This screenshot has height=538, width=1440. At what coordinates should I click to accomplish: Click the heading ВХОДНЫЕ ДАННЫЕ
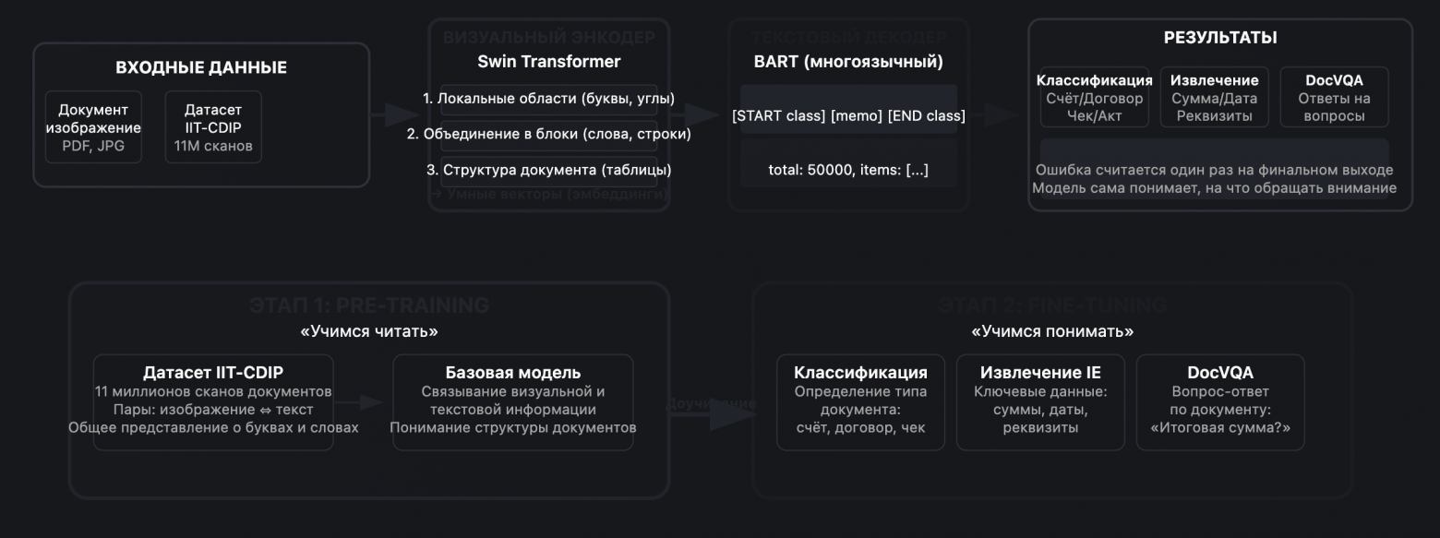[x=200, y=67]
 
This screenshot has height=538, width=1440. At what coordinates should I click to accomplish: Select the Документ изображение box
[x=93, y=126]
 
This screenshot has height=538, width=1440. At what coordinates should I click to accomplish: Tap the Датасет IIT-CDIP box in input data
[x=212, y=126]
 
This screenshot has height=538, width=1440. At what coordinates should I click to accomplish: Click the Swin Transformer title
[x=548, y=62]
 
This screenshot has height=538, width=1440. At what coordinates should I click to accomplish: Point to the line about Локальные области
[x=548, y=98]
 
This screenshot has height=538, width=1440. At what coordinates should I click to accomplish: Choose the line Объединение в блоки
[x=548, y=134]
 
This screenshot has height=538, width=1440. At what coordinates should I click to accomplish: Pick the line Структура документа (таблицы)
[x=548, y=170]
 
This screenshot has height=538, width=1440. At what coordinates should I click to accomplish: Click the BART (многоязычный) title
[x=848, y=63]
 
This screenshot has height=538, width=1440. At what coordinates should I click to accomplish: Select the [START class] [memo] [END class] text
[x=848, y=116]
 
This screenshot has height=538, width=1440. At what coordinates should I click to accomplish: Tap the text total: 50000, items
[x=848, y=170]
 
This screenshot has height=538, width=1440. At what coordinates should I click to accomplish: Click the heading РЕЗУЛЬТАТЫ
[x=1219, y=38]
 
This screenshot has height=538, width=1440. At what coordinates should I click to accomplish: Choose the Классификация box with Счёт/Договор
[x=1095, y=97]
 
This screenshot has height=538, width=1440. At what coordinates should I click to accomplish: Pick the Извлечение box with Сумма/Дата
[x=1214, y=97]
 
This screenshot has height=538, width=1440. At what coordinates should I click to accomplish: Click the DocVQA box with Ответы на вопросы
[x=1334, y=97]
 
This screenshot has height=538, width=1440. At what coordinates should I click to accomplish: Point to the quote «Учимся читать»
[x=367, y=330]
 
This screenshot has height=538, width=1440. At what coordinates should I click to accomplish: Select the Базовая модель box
[x=513, y=401]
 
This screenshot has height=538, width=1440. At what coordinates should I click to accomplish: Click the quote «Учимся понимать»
[x=1052, y=330]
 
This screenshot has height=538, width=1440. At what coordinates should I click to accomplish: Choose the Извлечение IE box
[x=1040, y=401]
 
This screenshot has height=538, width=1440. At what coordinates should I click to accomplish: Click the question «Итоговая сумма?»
[x=1220, y=427]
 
